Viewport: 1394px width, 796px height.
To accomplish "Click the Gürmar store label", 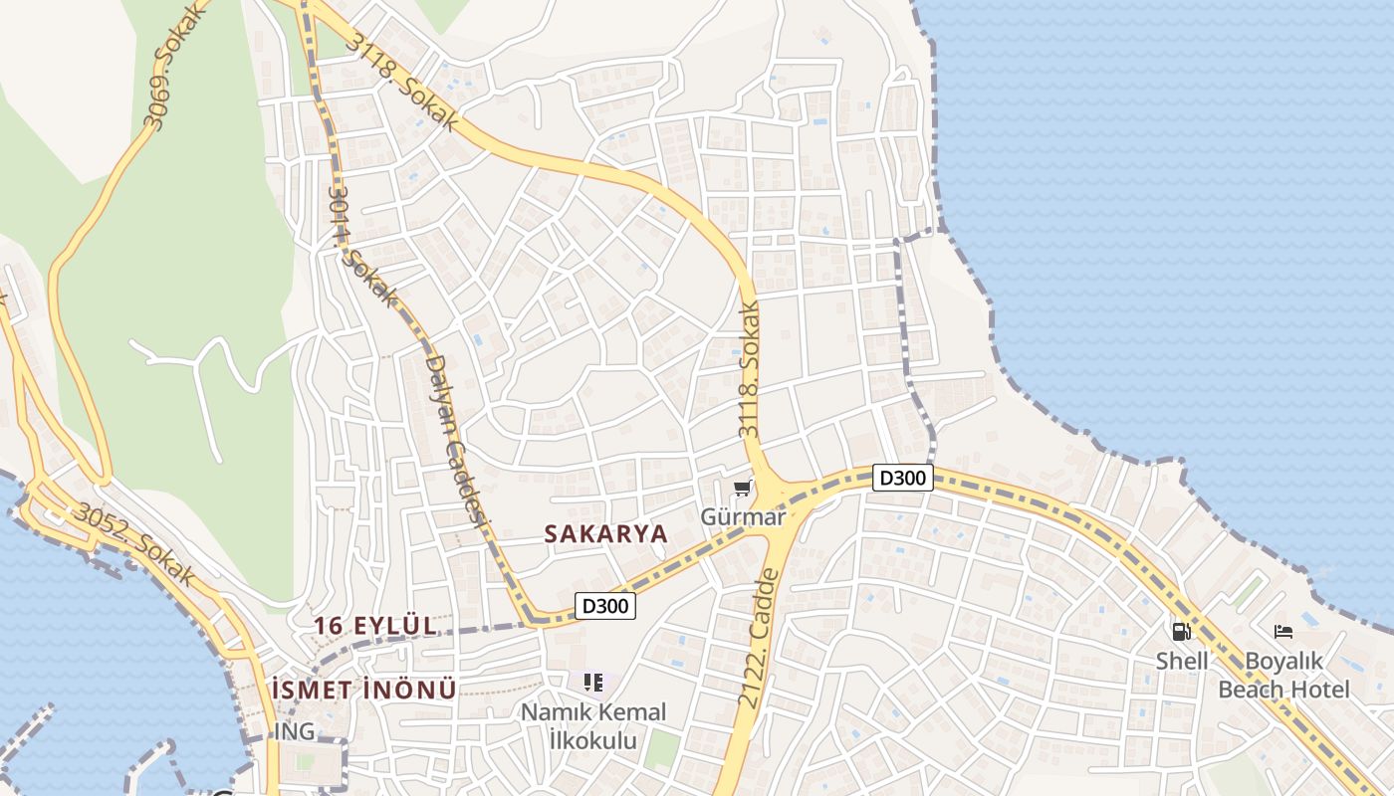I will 743,517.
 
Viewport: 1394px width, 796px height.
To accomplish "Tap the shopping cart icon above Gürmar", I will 742,489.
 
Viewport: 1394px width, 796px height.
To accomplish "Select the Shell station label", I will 1182,661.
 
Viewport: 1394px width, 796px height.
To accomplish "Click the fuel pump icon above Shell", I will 1181,631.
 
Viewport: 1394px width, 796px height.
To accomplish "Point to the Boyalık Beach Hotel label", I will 1284,675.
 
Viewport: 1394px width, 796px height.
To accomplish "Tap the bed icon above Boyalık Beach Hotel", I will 1283,631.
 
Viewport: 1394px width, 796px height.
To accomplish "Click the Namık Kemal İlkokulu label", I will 594,726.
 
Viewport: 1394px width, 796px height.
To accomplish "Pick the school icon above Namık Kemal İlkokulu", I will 593,683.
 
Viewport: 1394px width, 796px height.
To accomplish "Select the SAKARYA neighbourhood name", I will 605,533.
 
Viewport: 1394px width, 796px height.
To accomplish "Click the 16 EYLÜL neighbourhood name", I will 375,626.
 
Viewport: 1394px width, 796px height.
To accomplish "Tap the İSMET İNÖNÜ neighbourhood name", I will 363,689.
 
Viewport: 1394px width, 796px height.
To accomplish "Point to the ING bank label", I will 295,732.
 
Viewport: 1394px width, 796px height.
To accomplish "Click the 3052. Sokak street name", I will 133,544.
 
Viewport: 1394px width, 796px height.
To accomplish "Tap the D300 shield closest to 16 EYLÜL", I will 605,605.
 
